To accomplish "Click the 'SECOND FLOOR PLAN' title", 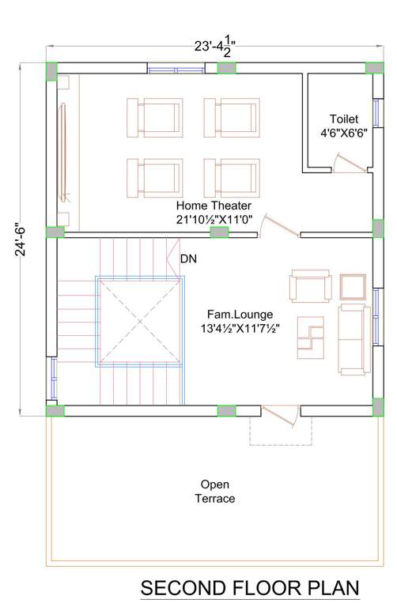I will (250, 589).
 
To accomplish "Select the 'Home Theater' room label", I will (214, 205).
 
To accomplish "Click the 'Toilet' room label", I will (343, 119).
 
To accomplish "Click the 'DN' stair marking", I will (188, 258).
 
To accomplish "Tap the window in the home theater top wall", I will (176, 69).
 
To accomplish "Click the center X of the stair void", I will (140, 322).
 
